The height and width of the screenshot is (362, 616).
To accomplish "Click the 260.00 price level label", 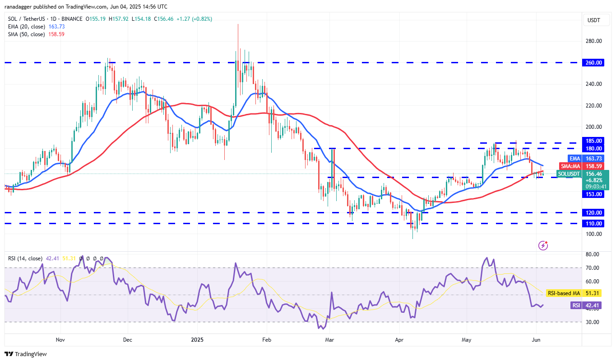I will pos(594,63).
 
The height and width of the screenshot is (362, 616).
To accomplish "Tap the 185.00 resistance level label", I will pos(594,141).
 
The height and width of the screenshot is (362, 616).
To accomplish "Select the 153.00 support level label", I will pos(594,194).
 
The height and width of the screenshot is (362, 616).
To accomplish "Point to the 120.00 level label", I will pos(594,212).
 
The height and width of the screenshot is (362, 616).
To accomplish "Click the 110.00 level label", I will pos(594,223).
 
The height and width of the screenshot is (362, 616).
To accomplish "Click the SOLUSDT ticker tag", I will pos(568,174).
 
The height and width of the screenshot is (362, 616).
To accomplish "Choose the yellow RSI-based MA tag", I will pos(563,293).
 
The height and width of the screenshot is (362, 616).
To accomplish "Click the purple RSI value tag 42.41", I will pos(576,306).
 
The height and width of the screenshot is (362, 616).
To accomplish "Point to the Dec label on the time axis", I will pos(127,339).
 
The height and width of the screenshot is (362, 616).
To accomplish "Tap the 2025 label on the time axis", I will pos(197,339).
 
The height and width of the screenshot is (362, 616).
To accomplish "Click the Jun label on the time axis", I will pos(536,339).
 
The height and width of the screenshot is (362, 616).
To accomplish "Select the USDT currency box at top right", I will pos(593,20).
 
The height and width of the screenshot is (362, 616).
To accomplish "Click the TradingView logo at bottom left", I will pos(26,354).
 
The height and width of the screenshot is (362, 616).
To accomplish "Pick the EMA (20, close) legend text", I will pos(27,27).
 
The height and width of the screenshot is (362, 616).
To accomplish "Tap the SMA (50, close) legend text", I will pos(27,34).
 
